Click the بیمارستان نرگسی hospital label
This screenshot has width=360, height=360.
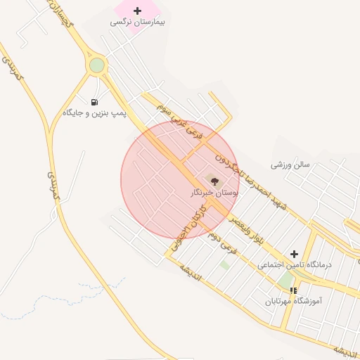pos(137,22)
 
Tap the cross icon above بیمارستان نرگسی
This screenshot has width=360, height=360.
pos(137,11)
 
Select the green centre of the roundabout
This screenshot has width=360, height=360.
pos(97,65)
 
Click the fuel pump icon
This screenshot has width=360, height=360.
pos(95,102)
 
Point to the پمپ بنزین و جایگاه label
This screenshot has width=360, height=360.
pos(94,113)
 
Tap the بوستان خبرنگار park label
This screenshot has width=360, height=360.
pos(214,191)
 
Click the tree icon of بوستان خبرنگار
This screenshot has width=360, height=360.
pos(214,181)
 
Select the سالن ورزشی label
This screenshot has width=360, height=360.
pos(290,165)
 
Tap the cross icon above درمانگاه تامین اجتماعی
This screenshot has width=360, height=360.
pos(294,254)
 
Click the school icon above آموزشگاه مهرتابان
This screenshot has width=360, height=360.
pos(293,290)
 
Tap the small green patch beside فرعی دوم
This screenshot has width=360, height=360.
pos(224,265)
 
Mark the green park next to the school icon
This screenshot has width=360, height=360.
pos(285,279)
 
